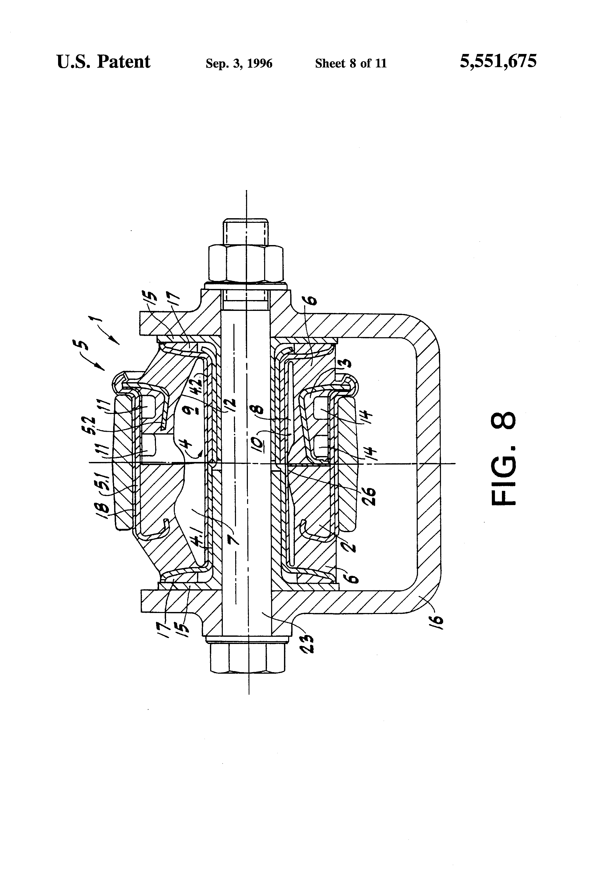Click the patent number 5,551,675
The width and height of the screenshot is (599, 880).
(498, 61)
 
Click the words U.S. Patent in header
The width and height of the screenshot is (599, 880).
(103, 62)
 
